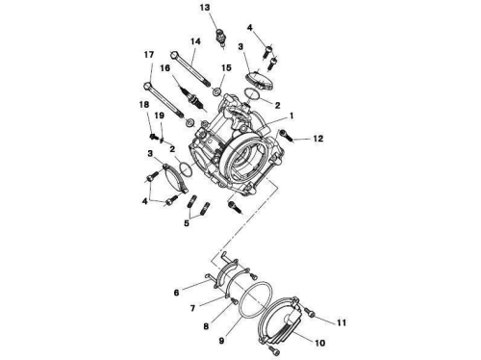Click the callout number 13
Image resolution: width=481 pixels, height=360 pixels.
pos(205,8)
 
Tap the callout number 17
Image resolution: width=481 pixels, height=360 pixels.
pos(149,55)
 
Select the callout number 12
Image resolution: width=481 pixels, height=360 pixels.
pos(318,139)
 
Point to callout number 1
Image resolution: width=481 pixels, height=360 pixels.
pos(291,116)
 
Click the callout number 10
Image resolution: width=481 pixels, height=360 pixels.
pos(320,343)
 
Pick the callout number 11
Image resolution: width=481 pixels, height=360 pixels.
pos(342,322)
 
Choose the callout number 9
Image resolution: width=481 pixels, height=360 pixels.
pos(221,341)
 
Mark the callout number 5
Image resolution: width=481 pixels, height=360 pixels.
pos(187,223)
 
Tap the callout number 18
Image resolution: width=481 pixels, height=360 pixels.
pos(144,104)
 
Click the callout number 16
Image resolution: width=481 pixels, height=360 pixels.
pos(165,68)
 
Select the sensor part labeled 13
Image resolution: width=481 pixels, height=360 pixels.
pos(221,38)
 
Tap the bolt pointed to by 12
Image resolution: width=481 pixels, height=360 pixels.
pos(287,136)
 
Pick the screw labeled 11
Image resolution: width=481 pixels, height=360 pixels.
pos(309,312)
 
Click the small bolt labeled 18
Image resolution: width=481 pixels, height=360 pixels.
pos(153,136)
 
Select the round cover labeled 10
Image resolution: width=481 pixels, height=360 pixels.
pos(280,321)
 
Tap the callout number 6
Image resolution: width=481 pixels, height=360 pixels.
pos(177,293)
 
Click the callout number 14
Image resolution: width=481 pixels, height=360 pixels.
pos(195,41)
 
